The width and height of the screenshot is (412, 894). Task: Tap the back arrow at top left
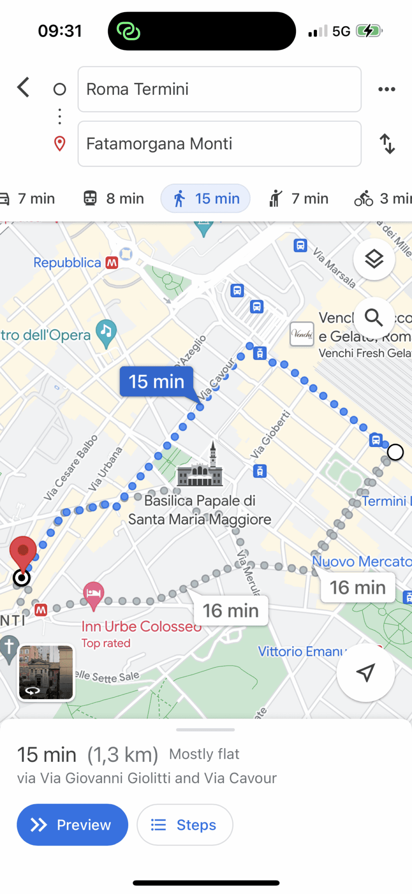(x=24, y=88)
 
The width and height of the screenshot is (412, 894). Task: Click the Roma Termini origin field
(x=219, y=89)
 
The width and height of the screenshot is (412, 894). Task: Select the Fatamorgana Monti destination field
(x=219, y=144)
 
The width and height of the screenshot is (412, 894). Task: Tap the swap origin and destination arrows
(x=387, y=144)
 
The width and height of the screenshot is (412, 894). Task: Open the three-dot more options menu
(x=387, y=89)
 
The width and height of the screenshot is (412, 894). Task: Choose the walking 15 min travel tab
(x=206, y=199)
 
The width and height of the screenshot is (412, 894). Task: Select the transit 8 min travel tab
(x=114, y=199)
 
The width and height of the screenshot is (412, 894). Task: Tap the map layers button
(x=374, y=259)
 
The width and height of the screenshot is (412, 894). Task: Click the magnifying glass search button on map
(x=374, y=318)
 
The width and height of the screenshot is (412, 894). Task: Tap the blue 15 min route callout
(x=157, y=382)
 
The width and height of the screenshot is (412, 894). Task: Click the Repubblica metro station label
(x=68, y=263)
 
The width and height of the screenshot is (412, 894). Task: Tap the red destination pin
(x=23, y=551)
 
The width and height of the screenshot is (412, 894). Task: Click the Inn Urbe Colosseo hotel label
(x=141, y=627)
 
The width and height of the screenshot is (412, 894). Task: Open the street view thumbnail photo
(x=46, y=672)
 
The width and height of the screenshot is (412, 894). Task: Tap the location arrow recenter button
(x=365, y=673)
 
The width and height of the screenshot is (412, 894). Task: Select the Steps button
(x=185, y=825)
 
